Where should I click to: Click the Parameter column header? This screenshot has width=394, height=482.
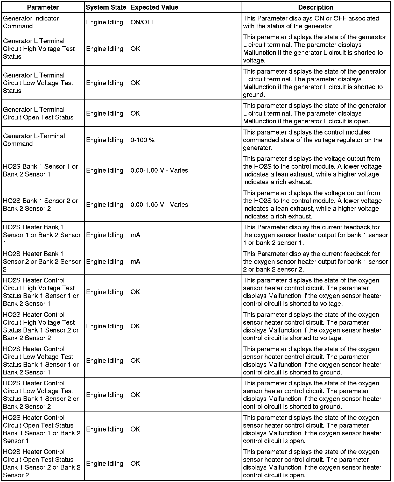pos(43,7)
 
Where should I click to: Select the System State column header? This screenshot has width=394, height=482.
pos(106,7)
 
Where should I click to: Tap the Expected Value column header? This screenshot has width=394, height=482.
pos(154,7)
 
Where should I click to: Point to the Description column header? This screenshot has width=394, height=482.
pos(316,7)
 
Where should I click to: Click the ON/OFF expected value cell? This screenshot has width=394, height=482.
pos(143,22)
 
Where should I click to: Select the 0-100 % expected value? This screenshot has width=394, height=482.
pos(143,140)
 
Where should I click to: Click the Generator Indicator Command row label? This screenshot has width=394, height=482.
pos(31,22)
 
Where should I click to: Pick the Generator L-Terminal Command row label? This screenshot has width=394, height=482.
pos(34,140)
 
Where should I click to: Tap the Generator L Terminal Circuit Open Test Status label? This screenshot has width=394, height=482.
pos(38,113)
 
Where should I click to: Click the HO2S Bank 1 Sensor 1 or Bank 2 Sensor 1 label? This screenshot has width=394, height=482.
pos(40,170)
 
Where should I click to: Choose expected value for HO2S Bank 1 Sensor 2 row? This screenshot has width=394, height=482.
pos(159,204)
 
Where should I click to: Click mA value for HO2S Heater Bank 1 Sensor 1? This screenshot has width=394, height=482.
pos(136,235)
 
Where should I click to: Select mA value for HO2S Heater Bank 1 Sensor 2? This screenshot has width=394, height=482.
pos(136,262)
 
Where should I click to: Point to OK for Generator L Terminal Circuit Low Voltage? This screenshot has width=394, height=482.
pos(135,83)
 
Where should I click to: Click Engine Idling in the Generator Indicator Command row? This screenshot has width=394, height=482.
pos(104,22)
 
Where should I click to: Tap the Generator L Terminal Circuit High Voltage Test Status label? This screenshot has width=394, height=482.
pos(39,49)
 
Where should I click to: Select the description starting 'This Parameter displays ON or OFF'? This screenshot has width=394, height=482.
pos(311,22)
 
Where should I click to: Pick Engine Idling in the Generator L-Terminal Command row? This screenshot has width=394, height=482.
pos(104,140)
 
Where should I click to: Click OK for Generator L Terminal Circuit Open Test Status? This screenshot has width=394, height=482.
pos(135,113)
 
